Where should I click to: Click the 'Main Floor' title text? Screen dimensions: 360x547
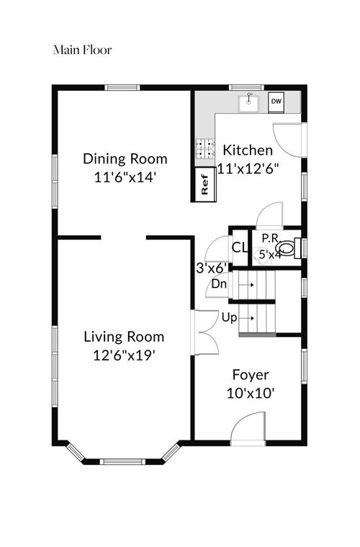pos(83,50)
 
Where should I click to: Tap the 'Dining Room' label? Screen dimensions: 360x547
pos(125,159)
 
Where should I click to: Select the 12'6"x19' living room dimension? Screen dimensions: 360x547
pos(124,356)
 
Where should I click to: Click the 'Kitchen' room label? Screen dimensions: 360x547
pos(248,150)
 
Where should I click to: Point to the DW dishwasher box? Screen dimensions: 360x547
pos(276,102)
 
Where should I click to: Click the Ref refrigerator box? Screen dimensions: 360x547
pos(204,184)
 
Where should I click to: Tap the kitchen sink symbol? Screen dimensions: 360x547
pos(248,102)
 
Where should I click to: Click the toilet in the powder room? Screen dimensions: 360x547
pos(289,248)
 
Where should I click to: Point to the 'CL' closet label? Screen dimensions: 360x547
pos(240,248)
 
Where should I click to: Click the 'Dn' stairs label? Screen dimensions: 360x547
pos(220,284)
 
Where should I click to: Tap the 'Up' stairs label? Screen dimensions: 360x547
pos(229,318)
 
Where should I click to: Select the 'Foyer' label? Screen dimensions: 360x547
pos(251,376)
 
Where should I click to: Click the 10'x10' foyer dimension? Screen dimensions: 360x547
pos(250,394)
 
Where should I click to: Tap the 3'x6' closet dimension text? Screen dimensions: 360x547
pos(212,268)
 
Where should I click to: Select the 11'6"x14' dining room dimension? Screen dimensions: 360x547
pos(125,178)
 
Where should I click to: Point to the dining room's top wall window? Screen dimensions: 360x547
pos(122,87)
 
